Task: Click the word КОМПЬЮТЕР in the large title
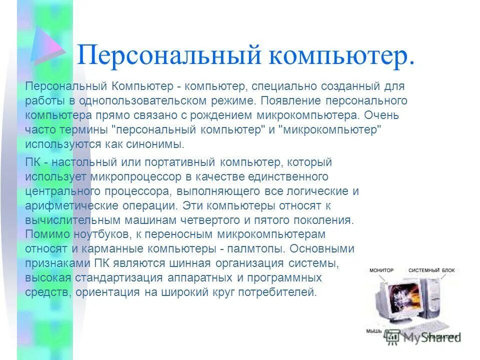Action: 342,55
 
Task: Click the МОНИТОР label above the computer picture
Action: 381,270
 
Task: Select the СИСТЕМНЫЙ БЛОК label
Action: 431,270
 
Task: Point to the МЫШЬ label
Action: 374,331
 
